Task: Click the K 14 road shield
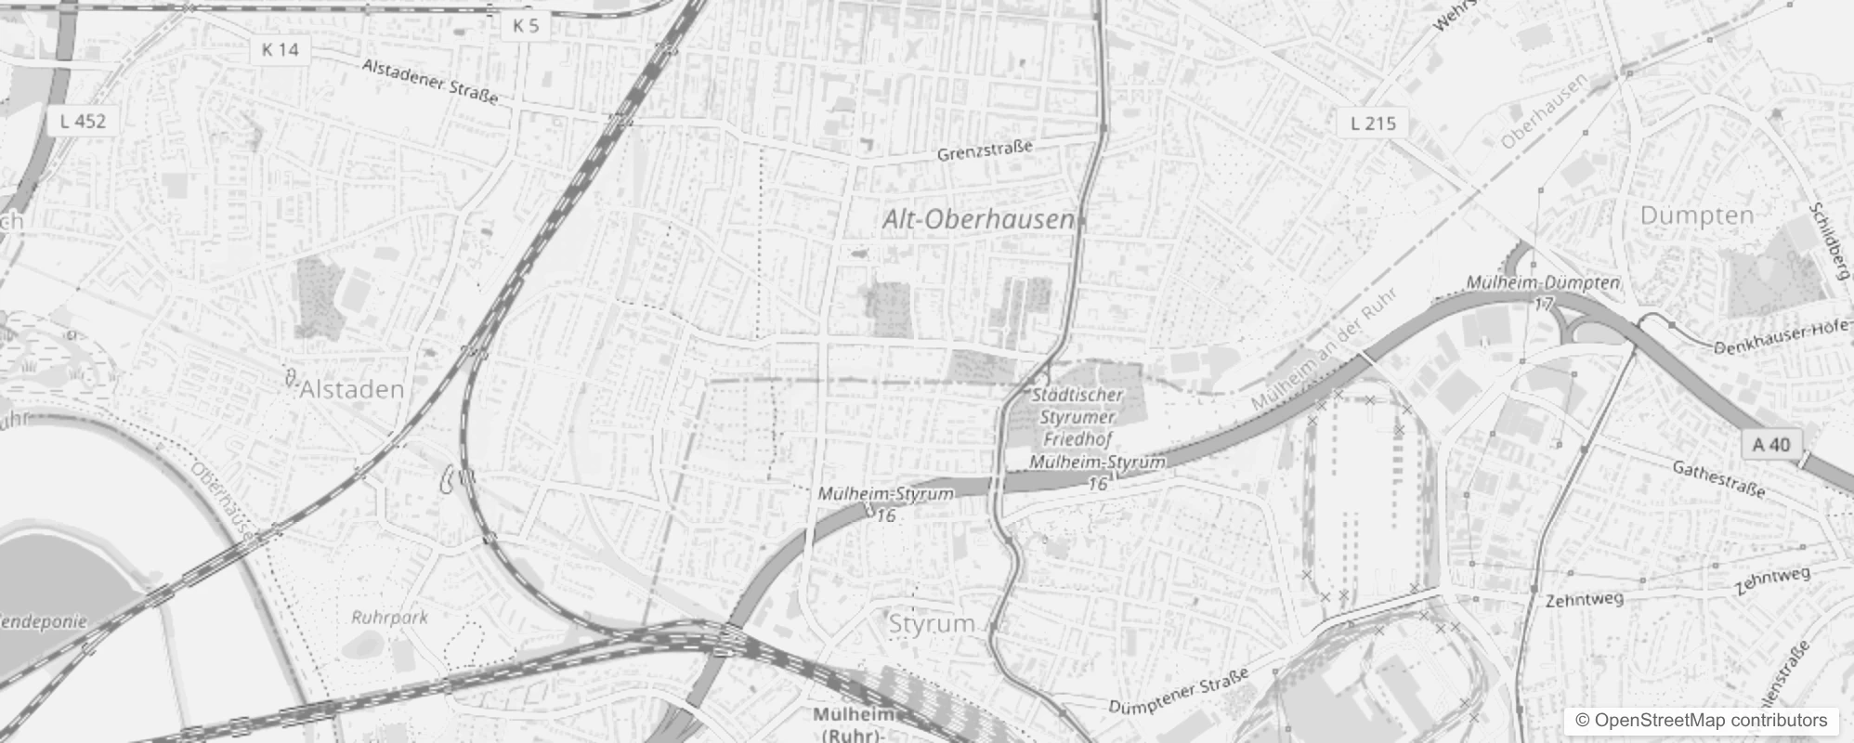click(281, 49)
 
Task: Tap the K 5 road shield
click(526, 25)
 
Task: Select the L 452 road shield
click(83, 121)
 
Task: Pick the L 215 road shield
click(1373, 123)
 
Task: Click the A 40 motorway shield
click(1770, 445)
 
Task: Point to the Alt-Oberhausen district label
click(978, 220)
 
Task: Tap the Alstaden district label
click(352, 389)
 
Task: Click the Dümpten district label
click(1697, 215)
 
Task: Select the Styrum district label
click(932, 623)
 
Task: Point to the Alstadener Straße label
click(430, 81)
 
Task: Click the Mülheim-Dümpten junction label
click(1543, 282)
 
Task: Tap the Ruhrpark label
click(389, 617)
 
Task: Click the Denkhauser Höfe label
click(1782, 338)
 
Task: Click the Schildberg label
click(1829, 241)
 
